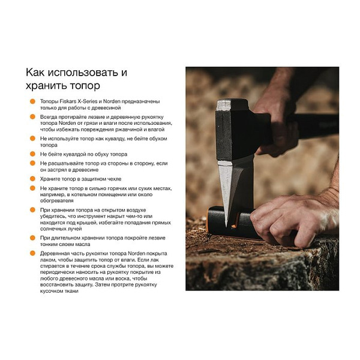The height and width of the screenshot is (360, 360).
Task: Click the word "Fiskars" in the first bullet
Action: (68, 101)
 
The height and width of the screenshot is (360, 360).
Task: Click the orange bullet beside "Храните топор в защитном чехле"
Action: (32, 179)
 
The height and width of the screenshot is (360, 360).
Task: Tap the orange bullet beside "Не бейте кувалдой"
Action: (32, 154)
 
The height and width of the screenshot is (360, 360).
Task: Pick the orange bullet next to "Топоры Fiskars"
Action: (32, 101)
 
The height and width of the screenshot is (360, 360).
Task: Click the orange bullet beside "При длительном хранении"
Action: (32, 238)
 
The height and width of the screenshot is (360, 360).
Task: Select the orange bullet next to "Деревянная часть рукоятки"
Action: (32, 253)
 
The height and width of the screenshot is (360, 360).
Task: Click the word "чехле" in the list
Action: (114, 179)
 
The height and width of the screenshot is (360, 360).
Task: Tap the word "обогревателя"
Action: (57, 200)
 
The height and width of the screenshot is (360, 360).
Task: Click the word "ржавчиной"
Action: (128, 129)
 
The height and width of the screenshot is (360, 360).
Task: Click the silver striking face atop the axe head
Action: (224, 105)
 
